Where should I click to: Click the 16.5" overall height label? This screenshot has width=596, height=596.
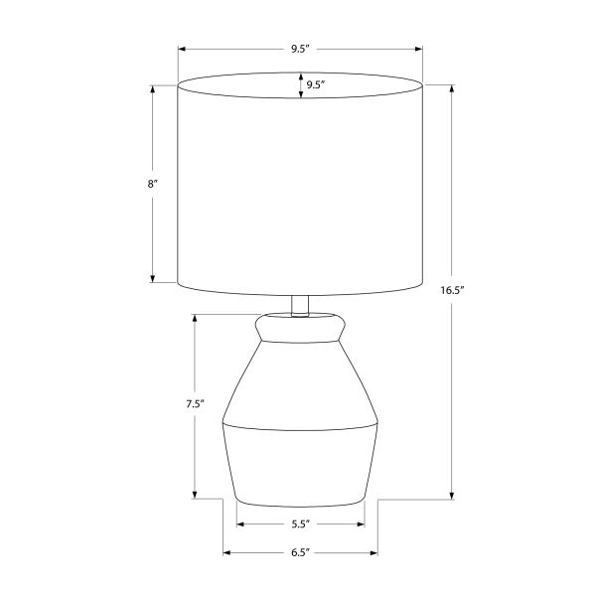point(452,291)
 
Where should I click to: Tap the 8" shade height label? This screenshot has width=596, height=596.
point(152,185)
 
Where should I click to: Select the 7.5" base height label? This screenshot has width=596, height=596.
point(196,404)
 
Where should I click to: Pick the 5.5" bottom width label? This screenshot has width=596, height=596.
point(301,524)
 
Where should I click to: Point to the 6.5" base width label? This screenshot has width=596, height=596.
point(301,552)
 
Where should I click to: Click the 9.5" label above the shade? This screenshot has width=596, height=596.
point(301,49)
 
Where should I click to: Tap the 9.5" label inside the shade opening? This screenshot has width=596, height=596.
point(316,84)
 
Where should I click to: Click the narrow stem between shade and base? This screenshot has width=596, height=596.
point(300,306)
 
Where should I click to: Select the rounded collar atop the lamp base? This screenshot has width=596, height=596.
point(300,328)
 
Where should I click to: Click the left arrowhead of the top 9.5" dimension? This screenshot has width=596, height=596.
point(182,49)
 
